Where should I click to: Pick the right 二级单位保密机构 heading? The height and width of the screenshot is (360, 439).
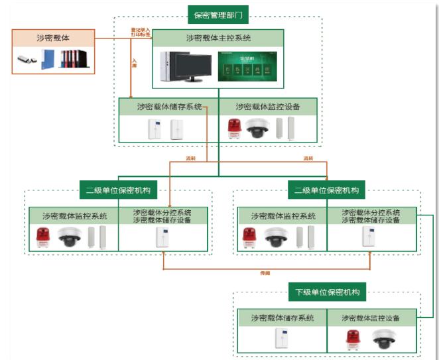click(327, 190)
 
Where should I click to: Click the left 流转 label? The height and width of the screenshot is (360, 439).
click(192, 158)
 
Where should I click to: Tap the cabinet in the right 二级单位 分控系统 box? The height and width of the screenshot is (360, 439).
click(369, 237)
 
